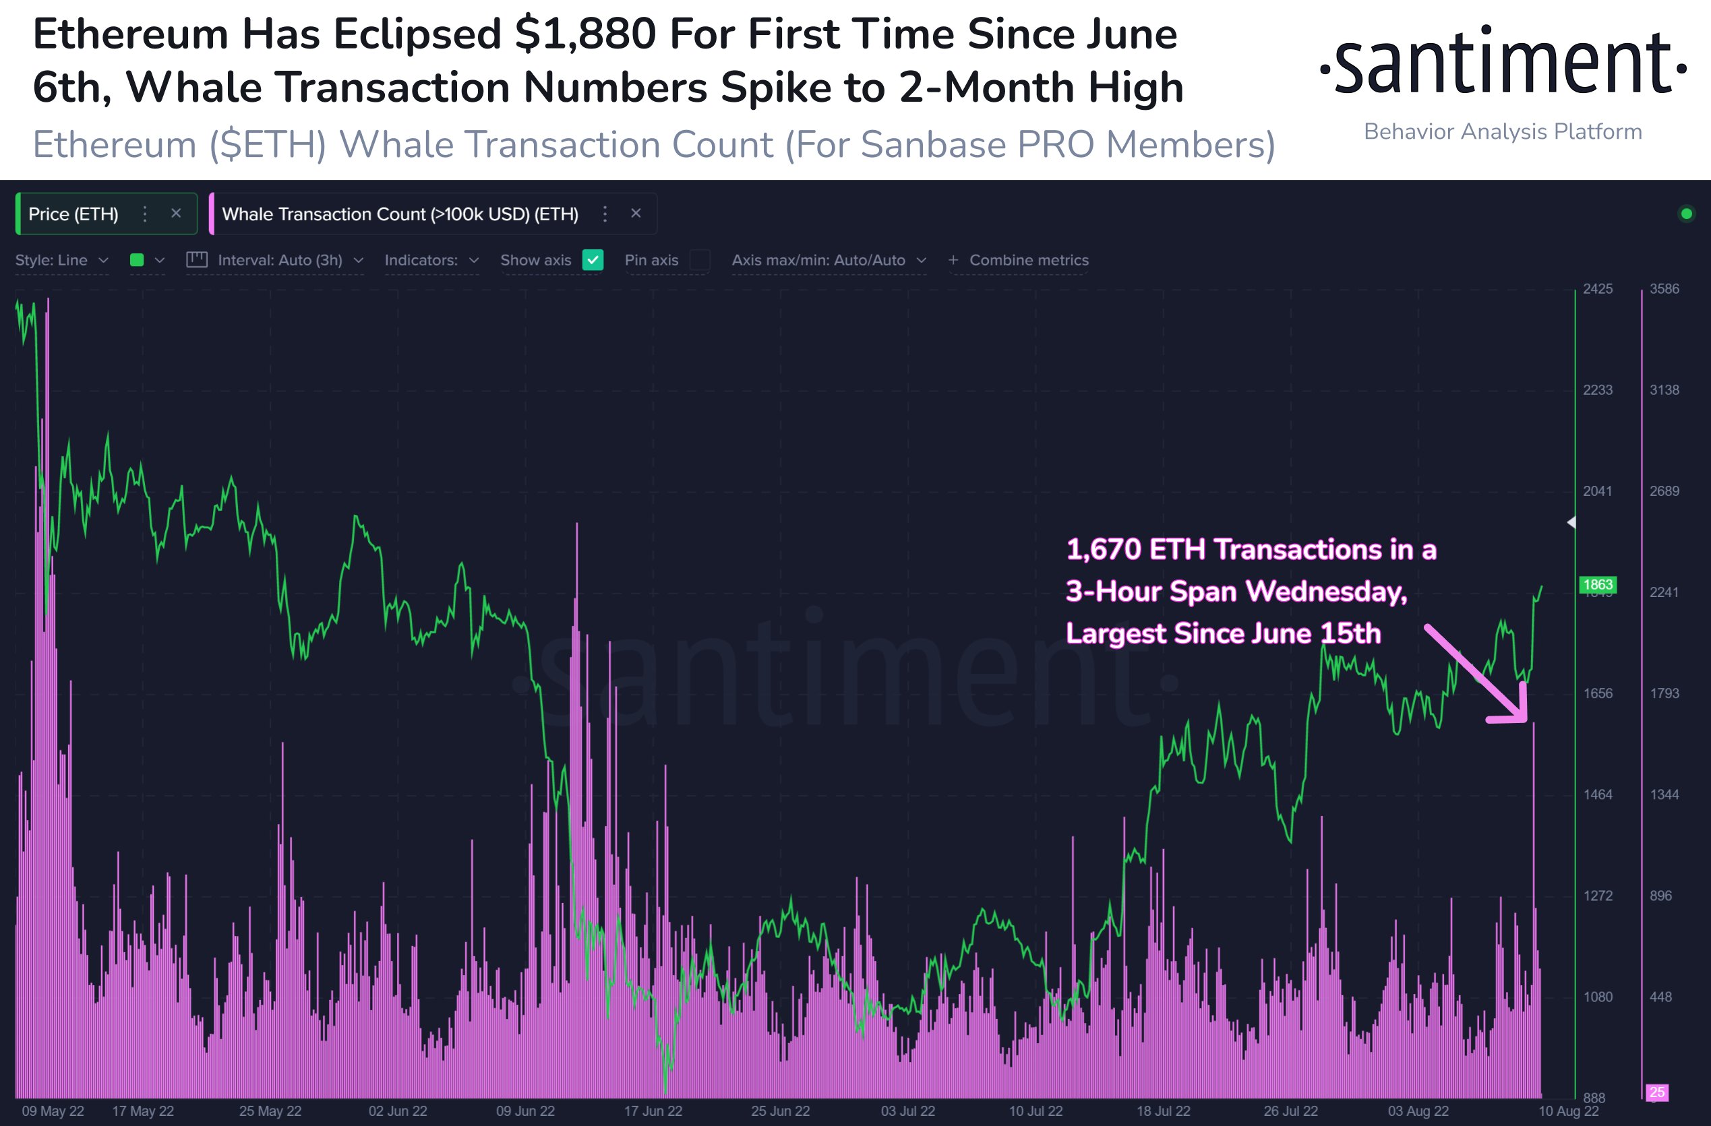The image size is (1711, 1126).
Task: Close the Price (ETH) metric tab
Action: (176, 214)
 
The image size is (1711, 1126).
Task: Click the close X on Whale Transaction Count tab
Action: (636, 214)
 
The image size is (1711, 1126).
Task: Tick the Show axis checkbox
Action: (593, 260)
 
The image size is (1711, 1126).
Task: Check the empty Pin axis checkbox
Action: (700, 260)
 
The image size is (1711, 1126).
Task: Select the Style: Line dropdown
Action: (61, 260)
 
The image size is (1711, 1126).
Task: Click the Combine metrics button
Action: (1019, 260)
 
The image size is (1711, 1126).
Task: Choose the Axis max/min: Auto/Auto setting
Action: (828, 260)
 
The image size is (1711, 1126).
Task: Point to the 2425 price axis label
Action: (1598, 289)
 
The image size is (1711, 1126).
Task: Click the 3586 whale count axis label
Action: (1664, 289)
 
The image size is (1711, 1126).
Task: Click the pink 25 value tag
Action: (1657, 1092)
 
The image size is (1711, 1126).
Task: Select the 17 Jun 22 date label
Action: (653, 1111)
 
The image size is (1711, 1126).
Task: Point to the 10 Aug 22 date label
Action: (1569, 1111)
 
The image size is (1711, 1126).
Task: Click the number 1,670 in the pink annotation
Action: (1103, 550)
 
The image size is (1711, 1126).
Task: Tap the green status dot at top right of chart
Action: (1686, 214)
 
